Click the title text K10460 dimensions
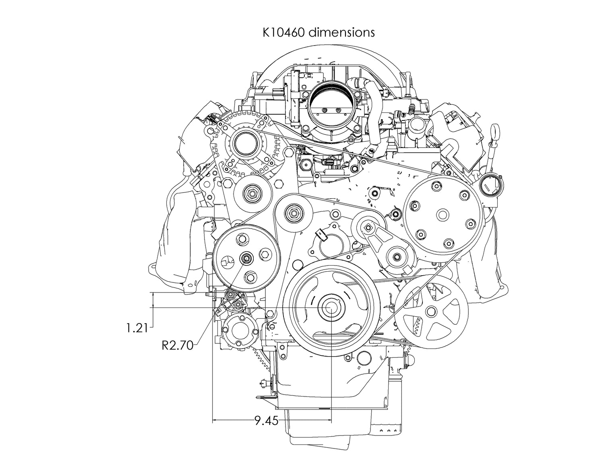point(318,32)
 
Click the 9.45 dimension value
point(266,421)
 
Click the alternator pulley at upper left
point(246,144)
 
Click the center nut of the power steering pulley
point(245,258)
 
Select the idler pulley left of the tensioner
point(293,212)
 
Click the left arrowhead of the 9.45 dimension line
point(215,420)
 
